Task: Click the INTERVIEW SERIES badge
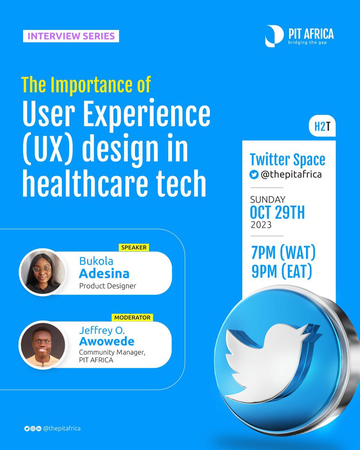click(x=71, y=36)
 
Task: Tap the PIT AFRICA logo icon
click(x=274, y=36)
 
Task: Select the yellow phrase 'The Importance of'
click(x=86, y=85)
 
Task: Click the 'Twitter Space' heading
click(x=287, y=160)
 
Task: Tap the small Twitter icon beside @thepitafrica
click(x=254, y=175)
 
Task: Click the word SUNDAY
click(x=268, y=199)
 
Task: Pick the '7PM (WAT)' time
click(x=283, y=254)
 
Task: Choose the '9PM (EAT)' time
click(x=282, y=272)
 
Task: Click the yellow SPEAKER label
click(x=133, y=247)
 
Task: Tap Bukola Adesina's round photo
click(x=42, y=272)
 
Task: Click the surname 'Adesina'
click(x=104, y=274)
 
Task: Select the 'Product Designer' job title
click(x=108, y=286)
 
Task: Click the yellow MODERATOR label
click(x=132, y=318)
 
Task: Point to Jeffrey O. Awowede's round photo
click(x=42, y=344)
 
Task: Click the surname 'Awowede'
click(x=106, y=342)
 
